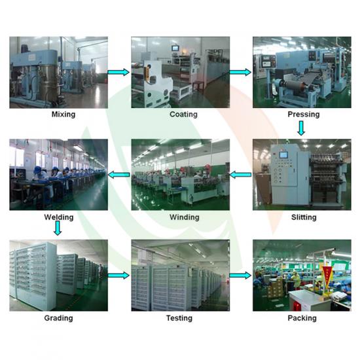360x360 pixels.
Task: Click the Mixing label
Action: coord(63,115)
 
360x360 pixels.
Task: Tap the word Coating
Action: coord(183,115)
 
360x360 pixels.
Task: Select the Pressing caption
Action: coord(304,115)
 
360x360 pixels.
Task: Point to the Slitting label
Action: coord(304,217)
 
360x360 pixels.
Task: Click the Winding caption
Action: coord(185,217)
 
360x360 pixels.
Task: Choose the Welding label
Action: coord(59,217)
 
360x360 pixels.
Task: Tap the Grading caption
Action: coord(58,318)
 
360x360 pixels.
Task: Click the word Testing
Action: coord(179,318)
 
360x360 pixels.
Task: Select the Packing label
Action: coord(302,318)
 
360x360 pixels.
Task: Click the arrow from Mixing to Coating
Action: coord(118,72)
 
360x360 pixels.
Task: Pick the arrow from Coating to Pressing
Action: coord(240,72)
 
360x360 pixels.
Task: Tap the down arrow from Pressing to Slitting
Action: coord(301,128)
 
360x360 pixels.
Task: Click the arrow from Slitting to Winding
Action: coord(240,175)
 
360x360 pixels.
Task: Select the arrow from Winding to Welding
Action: coord(118,175)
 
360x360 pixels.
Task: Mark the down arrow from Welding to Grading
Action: coord(58,228)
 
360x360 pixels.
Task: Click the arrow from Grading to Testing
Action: coord(118,276)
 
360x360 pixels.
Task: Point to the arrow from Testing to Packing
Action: coord(240,276)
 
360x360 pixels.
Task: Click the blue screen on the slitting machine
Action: coord(283,155)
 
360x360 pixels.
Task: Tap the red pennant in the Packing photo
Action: coord(327,274)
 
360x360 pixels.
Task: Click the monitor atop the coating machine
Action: coord(176,49)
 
